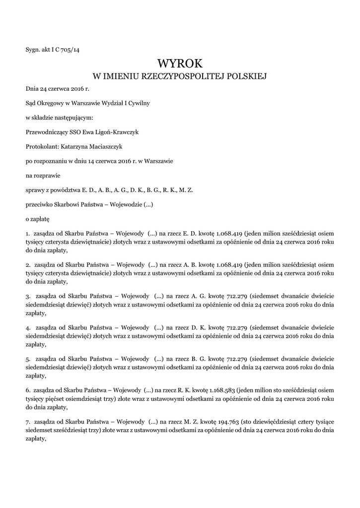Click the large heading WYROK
point(180,63)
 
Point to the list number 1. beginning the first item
point(28,233)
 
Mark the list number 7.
point(28,421)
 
